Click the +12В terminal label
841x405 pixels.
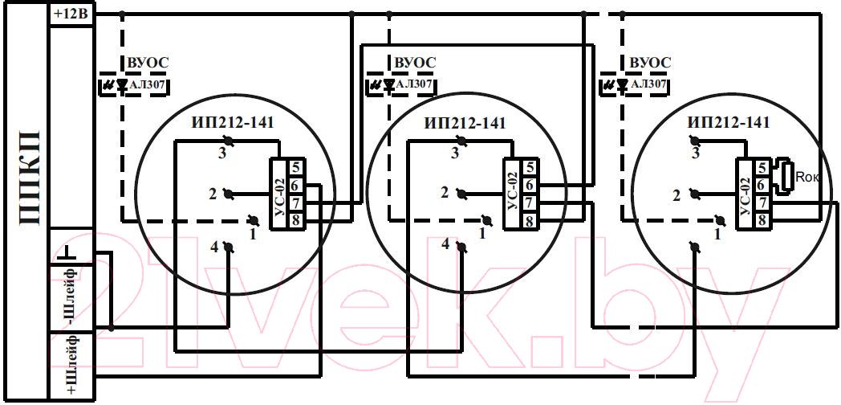(71, 14)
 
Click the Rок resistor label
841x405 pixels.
(808, 178)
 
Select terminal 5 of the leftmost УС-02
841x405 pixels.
(296, 167)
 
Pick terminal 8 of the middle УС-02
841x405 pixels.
(530, 220)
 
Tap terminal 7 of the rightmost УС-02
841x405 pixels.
(762, 202)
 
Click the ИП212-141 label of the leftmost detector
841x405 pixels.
(233, 123)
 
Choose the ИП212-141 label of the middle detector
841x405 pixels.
(465, 123)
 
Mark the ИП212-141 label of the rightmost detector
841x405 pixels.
(729, 122)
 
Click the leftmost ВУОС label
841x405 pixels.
(148, 63)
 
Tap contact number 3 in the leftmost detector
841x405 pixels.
(222, 153)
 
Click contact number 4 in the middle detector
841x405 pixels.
(445, 243)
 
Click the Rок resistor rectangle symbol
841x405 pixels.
(786, 176)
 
